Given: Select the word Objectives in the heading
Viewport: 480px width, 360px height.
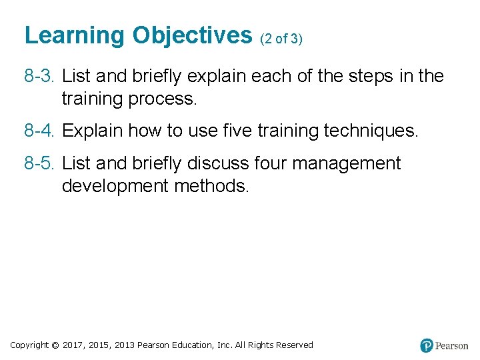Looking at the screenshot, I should [x=192, y=35].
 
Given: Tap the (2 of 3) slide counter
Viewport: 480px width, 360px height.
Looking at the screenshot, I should [x=281, y=39].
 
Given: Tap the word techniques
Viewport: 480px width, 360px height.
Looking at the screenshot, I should [x=371, y=131].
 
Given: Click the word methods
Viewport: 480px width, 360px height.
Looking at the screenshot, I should [x=211, y=186].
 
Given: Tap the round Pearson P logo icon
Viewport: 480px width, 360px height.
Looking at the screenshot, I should [x=427, y=345].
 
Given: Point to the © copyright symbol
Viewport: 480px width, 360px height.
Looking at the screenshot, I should [x=55, y=345].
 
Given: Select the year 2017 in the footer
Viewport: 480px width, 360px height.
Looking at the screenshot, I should [x=73, y=345].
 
